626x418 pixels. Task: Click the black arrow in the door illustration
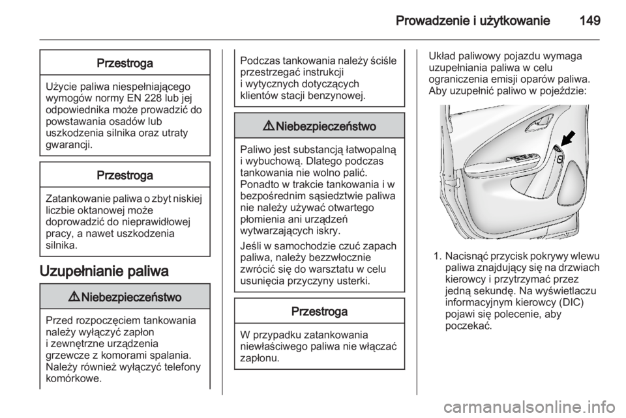[567, 137]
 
